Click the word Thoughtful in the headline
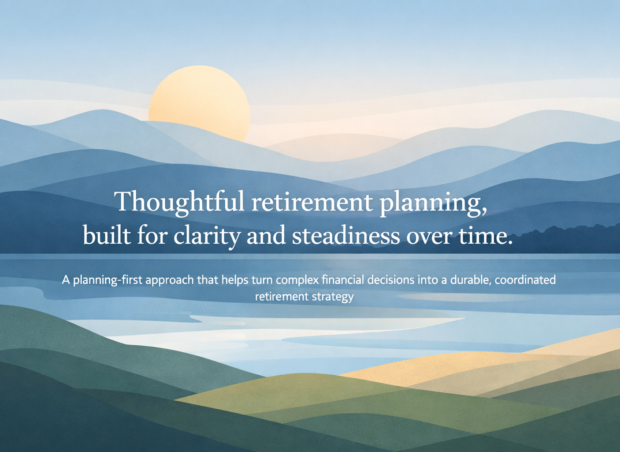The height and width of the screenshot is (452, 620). point(179,202)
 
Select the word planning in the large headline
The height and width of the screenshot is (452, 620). point(430,204)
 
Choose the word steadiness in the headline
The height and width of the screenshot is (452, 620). point(346,235)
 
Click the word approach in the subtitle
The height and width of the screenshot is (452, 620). point(170,281)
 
